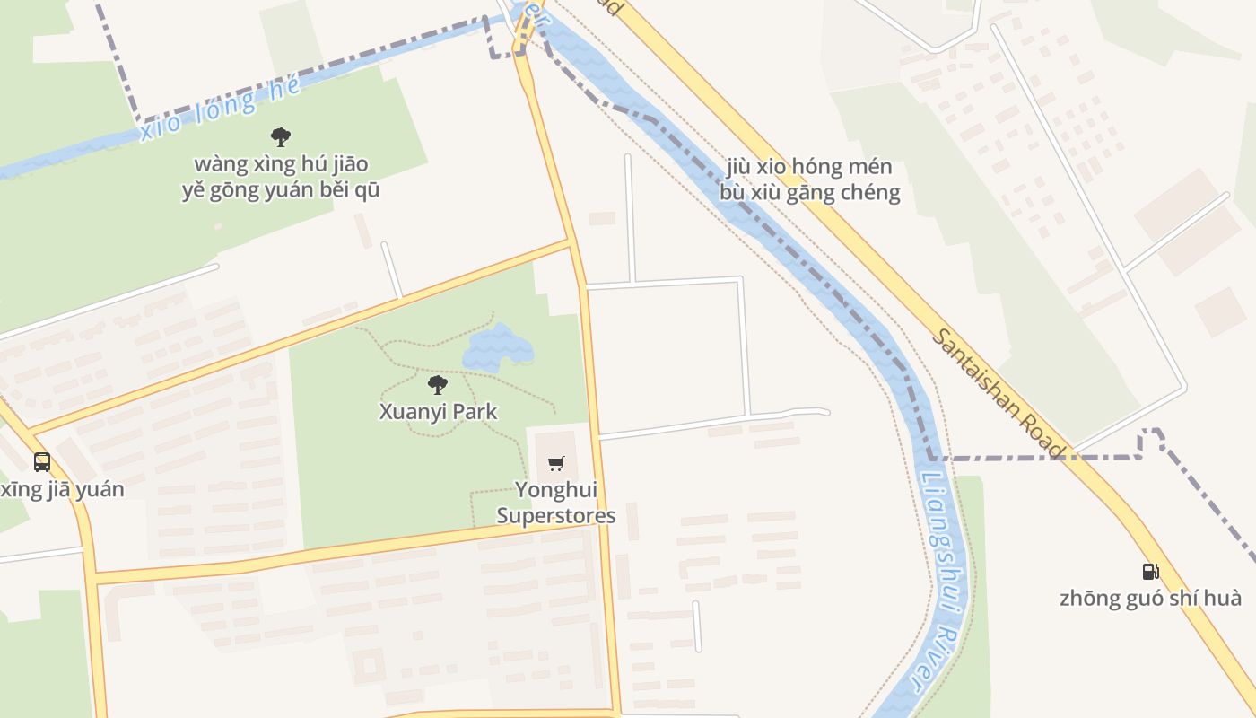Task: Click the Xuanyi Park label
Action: coord(438,412)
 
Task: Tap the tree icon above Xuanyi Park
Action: coord(438,385)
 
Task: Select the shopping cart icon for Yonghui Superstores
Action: coord(556,463)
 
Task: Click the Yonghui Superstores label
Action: coord(556,503)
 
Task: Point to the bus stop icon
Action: coord(42,462)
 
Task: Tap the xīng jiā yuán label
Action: coord(61,489)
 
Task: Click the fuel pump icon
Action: coord(1150,571)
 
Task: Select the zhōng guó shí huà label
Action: coord(1150,598)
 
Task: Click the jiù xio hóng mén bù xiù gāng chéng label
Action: coord(809,179)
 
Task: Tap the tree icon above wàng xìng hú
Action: coord(281,137)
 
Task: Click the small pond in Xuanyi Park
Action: coord(497,346)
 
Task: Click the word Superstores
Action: coord(556,516)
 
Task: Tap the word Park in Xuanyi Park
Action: coord(475,412)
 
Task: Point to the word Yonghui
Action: coord(556,490)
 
